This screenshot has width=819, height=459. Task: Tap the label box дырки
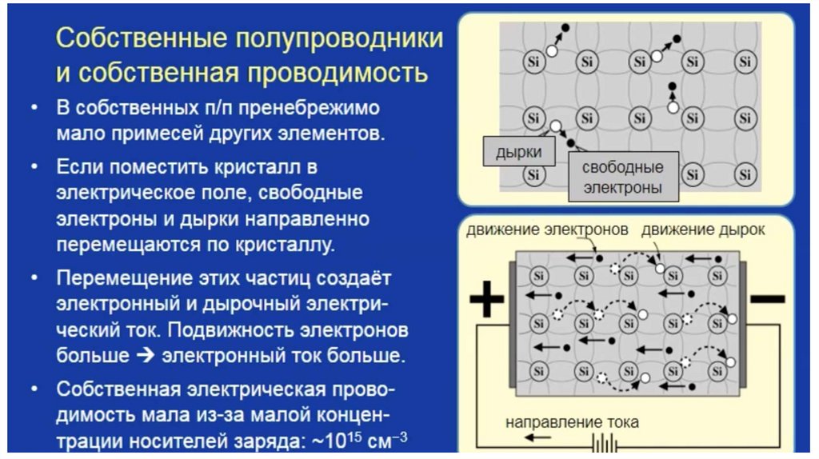(518, 152)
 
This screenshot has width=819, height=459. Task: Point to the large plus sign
(487, 302)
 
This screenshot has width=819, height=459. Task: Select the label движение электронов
(547, 230)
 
